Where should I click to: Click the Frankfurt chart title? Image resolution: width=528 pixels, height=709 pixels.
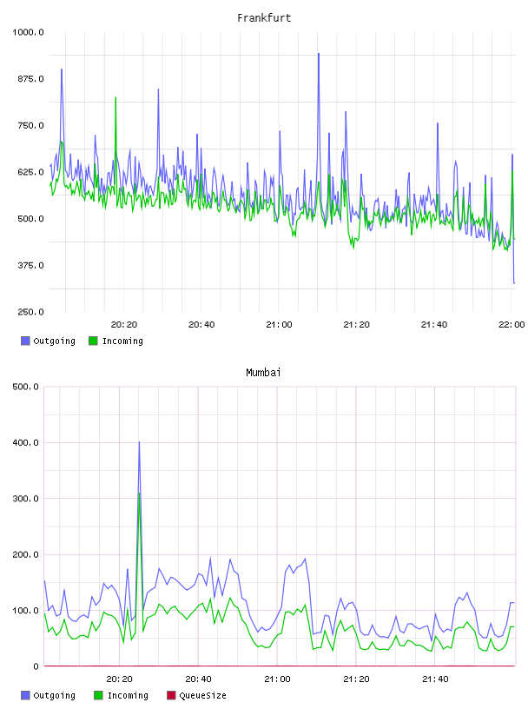264,18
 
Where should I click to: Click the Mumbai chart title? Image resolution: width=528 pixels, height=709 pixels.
263,373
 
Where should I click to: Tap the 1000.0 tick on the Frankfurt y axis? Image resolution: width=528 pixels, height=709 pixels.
28,32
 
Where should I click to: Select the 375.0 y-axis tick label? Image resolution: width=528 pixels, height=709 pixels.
30,265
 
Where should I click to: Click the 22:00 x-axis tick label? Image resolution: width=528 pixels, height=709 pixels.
511,324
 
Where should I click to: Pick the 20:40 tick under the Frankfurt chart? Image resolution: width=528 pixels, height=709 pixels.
201,324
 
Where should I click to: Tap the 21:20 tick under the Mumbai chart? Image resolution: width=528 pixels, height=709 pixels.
356,679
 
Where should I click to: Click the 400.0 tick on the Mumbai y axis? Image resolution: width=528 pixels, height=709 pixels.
26,442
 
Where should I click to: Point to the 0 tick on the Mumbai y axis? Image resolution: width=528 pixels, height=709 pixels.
36,666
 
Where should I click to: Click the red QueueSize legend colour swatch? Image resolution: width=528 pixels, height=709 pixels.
171,695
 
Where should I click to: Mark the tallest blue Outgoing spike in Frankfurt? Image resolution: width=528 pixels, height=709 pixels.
318,53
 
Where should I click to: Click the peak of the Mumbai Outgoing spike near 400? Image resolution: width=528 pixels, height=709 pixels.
139,441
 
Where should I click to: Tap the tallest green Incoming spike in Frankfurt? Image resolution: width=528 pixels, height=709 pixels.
115,97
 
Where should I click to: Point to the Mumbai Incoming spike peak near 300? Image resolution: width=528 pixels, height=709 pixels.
139,493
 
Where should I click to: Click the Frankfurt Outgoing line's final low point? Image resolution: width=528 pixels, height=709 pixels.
514,283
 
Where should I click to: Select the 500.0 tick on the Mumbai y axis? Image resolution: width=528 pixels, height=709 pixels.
26,387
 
